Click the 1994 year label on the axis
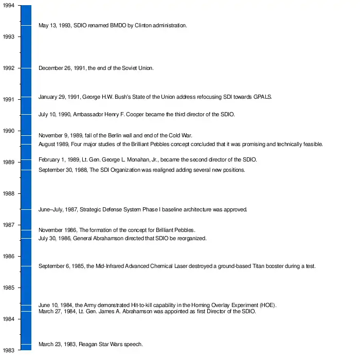tap(8, 5)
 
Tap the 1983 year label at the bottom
tap(8, 350)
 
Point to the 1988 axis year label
tap(8, 193)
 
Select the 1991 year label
tap(8, 99)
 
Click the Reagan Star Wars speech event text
tap(91, 344)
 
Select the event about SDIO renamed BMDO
tap(113, 25)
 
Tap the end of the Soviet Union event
tap(96, 68)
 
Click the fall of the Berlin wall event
tap(115, 135)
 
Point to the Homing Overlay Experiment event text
tap(157, 305)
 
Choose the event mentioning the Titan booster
tap(177, 266)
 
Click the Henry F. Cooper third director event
tap(136, 114)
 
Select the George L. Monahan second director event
tap(148, 159)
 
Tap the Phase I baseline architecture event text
tap(143, 209)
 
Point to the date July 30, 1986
tap(55, 239)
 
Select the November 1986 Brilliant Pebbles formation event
tap(117, 230)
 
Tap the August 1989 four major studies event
tap(181, 144)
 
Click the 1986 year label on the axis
tap(8, 256)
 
